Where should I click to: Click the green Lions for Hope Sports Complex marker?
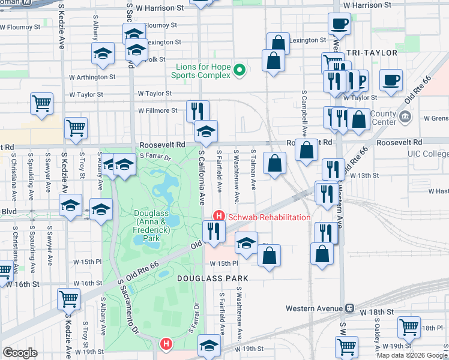tap(240, 70)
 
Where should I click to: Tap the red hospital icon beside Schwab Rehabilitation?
tap(219, 217)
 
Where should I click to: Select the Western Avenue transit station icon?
tap(349, 308)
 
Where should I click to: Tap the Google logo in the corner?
tap(20, 353)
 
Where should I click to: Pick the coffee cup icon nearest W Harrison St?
tap(339, 24)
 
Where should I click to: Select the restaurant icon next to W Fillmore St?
tap(197, 110)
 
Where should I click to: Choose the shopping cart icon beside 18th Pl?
tap(409, 328)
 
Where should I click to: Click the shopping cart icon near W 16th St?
tap(68, 298)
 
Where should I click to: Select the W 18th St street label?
tap(376, 313)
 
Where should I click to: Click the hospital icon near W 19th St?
tap(166, 344)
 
